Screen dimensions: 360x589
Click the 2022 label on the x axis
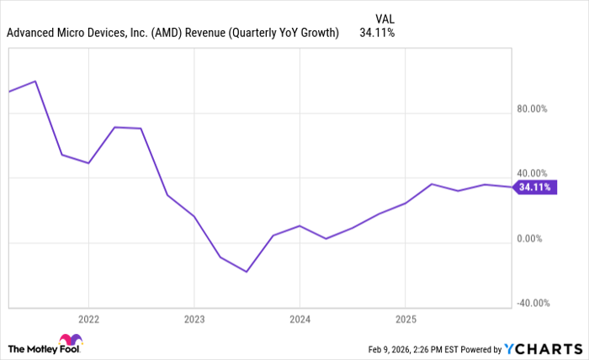coord(88,320)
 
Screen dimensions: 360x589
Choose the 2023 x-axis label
coord(194,320)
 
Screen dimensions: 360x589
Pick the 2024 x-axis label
coord(300,320)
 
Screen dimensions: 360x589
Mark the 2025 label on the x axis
coord(405,320)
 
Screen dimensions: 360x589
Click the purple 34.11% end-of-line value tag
coord(535,188)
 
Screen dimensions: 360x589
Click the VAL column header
coord(384,17)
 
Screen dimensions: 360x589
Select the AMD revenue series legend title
coord(173,33)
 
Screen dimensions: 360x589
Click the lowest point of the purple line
coord(247,272)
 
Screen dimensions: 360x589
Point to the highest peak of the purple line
coord(35,82)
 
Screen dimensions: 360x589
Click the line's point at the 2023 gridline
coord(194,216)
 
